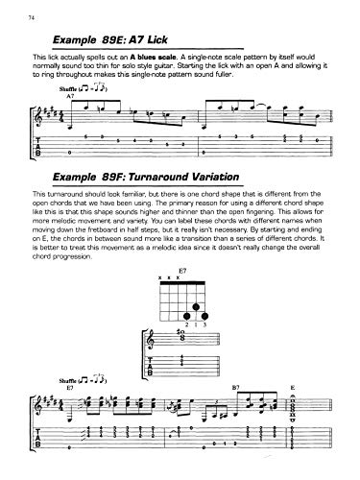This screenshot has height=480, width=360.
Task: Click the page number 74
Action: click(32, 18)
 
